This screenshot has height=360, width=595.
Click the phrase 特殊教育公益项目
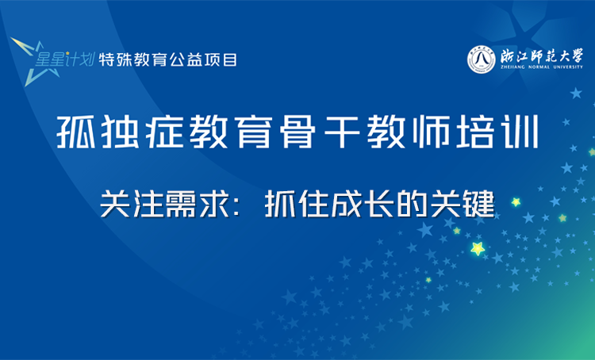[x=167, y=60]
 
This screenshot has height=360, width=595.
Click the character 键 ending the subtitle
[x=478, y=204]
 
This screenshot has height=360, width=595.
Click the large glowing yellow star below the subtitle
[x=478, y=249]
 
